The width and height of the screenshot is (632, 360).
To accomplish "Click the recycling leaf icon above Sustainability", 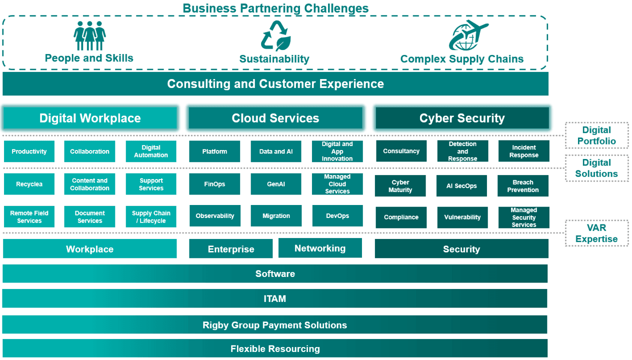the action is point(275,35).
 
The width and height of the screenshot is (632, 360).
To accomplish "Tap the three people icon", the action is point(89,35).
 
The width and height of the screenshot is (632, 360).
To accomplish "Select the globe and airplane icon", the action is point(468,35).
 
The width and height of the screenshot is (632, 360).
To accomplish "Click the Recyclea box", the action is point(29,184).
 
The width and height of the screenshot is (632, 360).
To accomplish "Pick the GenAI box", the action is point(276,184).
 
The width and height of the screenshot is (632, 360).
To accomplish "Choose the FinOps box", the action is point(214,184).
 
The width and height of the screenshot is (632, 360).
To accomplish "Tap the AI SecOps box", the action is point(461,185).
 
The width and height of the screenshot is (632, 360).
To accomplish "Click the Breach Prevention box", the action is point(523,185).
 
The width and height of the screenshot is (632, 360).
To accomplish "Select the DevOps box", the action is point(337,215).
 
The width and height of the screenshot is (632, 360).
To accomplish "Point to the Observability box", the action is point(215,215).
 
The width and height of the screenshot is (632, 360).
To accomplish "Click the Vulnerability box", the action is point(462,217).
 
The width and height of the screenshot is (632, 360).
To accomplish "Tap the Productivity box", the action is point(29,151).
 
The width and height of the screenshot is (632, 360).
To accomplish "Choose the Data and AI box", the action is point(276,151).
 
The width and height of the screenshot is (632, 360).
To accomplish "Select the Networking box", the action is point(320,248).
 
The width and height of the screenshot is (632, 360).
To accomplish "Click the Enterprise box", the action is point(231,248).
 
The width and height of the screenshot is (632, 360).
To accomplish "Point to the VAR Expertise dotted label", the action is point(596,233).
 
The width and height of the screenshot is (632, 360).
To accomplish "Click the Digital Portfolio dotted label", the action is point(596,135).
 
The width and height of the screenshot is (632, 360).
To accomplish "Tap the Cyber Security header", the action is point(462,118).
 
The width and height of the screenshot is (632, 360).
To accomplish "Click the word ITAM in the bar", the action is point(275,298).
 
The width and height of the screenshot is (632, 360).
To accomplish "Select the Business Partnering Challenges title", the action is point(275,8).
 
